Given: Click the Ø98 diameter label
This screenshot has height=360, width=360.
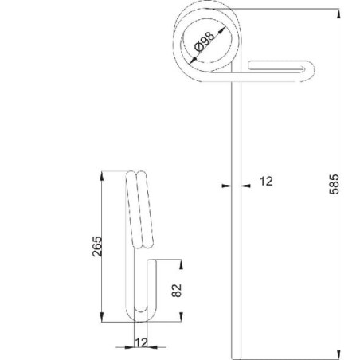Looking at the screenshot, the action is (205, 41).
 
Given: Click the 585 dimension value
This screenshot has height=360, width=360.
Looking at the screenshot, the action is (334, 184).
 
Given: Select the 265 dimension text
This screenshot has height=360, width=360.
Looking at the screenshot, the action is (97, 246).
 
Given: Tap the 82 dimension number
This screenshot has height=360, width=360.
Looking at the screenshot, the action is (177, 291).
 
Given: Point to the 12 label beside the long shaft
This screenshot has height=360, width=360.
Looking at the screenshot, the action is (266, 182).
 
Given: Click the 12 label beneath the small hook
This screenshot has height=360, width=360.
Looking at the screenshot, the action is (141, 342).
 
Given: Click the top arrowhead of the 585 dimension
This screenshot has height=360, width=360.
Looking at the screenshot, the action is (338, 14).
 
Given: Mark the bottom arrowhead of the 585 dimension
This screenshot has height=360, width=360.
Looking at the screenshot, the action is (338, 354).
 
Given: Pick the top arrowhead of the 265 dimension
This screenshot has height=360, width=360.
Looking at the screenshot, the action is (102, 176).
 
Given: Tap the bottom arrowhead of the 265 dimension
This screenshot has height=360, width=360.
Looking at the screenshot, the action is (102, 317).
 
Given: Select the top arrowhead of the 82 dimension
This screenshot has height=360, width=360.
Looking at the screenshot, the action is (181, 264).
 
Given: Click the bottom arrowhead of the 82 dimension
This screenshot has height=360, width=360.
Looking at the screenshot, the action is (181, 317).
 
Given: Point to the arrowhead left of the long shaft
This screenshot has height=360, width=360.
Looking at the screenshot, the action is (226, 186).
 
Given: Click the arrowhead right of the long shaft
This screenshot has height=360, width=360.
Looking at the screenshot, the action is (245, 186).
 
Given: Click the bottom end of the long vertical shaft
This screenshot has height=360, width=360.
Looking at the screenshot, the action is (237, 358).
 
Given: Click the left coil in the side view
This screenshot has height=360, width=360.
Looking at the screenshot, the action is (134, 209).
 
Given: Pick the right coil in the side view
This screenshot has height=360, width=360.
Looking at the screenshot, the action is (145, 209).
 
